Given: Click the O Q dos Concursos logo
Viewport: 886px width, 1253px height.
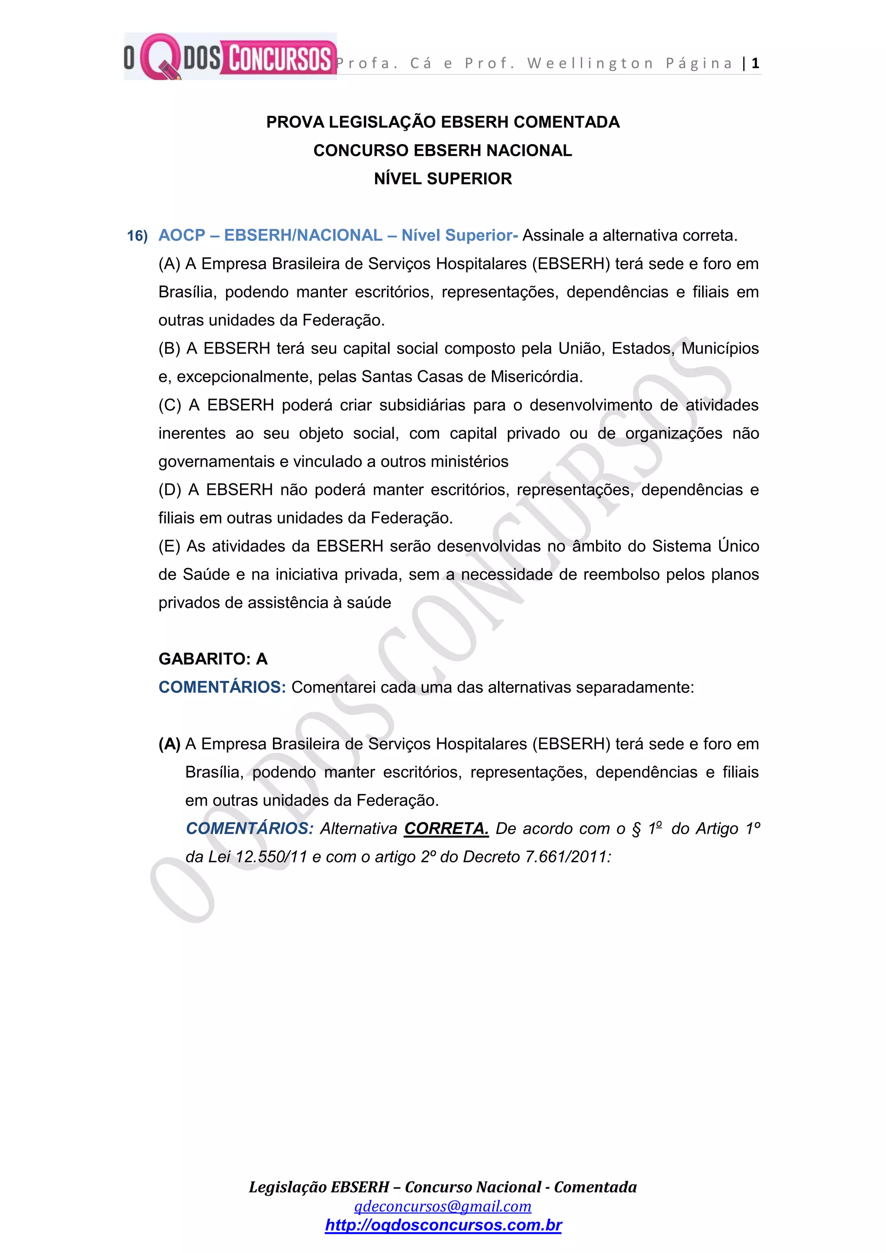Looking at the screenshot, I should (230, 57).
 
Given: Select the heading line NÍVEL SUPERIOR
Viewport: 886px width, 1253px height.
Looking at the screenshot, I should (443, 178).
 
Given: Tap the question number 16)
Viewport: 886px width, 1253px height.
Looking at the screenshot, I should (138, 236).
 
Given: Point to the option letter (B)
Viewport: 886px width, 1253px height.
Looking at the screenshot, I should (169, 348).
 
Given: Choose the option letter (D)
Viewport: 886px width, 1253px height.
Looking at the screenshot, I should (170, 489).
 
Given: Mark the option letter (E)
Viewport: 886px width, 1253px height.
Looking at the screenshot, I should (169, 546).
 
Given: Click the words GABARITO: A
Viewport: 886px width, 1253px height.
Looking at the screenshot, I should (213, 659).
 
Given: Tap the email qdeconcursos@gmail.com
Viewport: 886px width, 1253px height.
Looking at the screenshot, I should (443, 1206).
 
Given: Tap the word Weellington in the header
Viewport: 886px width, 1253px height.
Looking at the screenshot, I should (590, 63).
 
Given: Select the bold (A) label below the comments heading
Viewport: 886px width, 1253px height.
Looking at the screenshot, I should (169, 744).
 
